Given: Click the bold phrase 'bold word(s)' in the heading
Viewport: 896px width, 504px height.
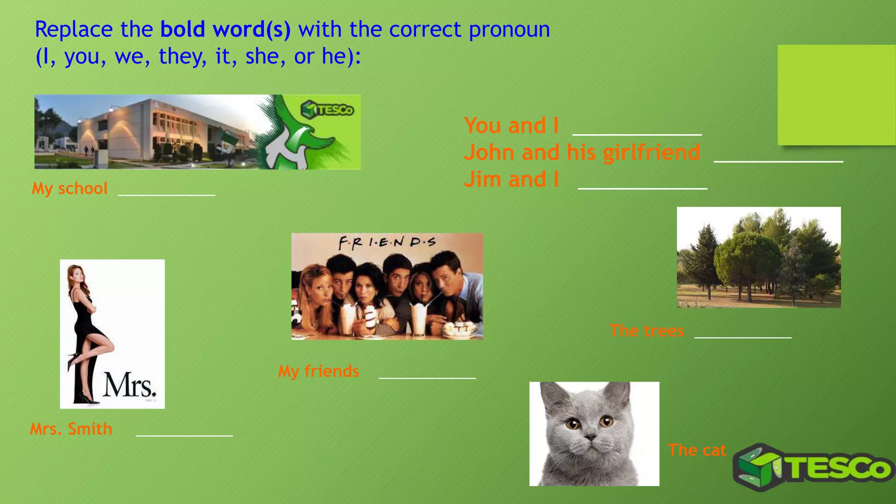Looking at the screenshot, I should pyautogui.click(x=225, y=30).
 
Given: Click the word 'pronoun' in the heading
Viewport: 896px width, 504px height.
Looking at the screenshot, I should pyautogui.click(x=509, y=31).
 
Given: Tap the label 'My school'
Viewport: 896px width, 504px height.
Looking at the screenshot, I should pyautogui.click(x=70, y=189).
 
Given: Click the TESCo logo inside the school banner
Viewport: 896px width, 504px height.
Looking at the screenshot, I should pyautogui.click(x=327, y=109).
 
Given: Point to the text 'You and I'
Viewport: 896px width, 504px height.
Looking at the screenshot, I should pyautogui.click(x=511, y=126).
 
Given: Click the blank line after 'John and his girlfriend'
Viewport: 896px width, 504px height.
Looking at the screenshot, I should pyautogui.click(x=778, y=161).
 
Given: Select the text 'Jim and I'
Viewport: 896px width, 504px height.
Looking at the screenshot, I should pyautogui.click(x=511, y=179).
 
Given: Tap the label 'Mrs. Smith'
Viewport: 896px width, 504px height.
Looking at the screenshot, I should pyautogui.click(x=71, y=429).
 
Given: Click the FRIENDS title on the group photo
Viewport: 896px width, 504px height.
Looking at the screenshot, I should pyautogui.click(x=387, y=242).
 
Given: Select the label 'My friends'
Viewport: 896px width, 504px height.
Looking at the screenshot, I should pyautogui.click(x=318, y=371).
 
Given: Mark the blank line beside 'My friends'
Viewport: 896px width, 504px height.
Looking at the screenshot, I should pyautogui.click(x=427, y=377).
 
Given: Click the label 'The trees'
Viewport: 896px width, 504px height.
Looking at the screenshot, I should pyautogui.click(x=647, y=331).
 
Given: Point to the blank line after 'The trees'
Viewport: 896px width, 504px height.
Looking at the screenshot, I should pyautogui.click(x=743, y=337).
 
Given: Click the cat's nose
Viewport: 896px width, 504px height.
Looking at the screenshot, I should pyautogui.click(x=591, y=437).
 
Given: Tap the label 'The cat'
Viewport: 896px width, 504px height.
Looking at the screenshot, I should pyautogui.click(x=697, y=450).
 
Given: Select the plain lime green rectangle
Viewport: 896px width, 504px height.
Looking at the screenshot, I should pyautogui.click(x=836, y=94).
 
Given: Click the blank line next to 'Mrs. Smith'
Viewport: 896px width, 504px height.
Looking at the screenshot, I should pyautogui.click(x=184, y=435).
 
